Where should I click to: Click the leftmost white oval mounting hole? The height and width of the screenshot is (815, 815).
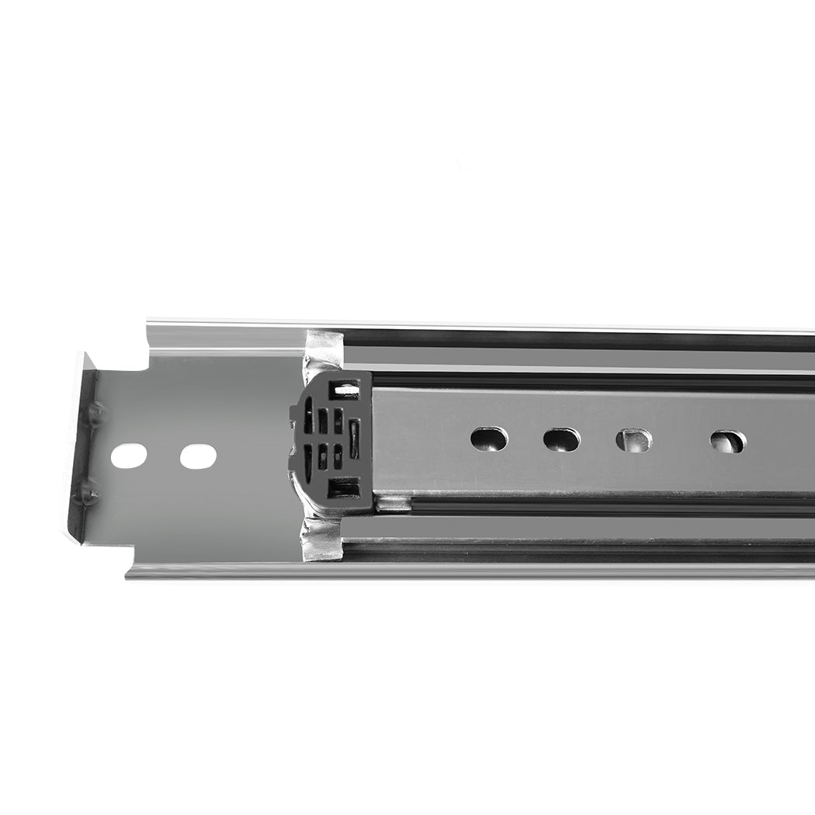pyautogui.click(x=129, y=455)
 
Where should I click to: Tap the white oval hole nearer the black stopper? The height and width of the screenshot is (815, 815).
pyautogui.click(x=198, y=455)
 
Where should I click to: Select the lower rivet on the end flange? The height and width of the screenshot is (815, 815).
pyautogui.click(x=90, y=491)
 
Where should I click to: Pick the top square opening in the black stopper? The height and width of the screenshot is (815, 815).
pyautogui.click(x=345, y=390)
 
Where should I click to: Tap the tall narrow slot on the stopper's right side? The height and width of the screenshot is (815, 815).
pyautogui.click(x=355, y=439)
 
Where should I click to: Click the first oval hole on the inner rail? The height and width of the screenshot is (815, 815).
pyautogui.click(x=489, y=439)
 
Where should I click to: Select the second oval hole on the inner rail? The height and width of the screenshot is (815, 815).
pyautogui.click(x=561, y=439)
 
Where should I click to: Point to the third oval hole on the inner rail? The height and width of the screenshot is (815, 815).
pyautogui.click(x=634, y=440)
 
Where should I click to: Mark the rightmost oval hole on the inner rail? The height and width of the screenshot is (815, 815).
pyautogui.click(x=727, y=441)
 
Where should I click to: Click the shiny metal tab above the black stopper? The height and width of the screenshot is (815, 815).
pyautogui.click(x=323, y=350)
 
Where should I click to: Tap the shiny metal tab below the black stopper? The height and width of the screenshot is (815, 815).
pyautogui.click(x=323, y=539)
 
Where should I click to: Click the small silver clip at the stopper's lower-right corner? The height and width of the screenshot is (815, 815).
pyautogui.click(x=391, y=504)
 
